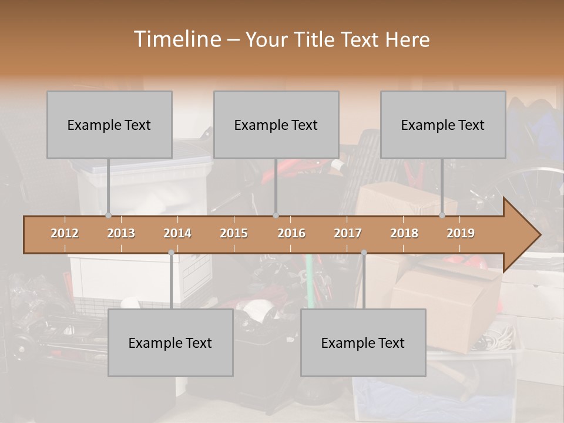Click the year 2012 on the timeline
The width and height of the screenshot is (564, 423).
click(x=65, y=233)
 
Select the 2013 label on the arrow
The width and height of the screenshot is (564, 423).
click(x=121, y=233)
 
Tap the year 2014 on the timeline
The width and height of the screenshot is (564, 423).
click(x=177, y=233)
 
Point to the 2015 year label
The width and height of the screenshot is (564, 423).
click(x=234, y=233)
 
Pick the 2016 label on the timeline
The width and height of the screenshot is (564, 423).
click(x=291, y=233)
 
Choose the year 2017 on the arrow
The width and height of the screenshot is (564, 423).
click(x=348, y=233)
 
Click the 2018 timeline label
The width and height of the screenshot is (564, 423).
click(x=404, y=233)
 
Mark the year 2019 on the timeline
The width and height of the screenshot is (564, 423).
click(x=461, y=233)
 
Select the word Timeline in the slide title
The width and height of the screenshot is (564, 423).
click(x=176, y=39)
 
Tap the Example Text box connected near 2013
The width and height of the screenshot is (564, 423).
click(x=109, y=125)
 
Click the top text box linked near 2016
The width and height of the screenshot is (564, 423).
click(x=276, y=125)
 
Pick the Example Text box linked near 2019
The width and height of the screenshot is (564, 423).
click(x=443, y=125)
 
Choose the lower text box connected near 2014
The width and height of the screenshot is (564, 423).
click(x=170, y=343)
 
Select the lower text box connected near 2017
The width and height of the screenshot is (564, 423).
click(x=363, y=343)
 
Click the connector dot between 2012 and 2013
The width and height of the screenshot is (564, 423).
click(x=108, y=216)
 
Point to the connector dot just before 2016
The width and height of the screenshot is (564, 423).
click(x=276, y=216)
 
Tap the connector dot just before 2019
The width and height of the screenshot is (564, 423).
click(x=442, y=216)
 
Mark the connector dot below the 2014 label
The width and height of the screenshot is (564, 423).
click(x=171, y=253)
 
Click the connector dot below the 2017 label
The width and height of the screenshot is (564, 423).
click(x=364, y=253)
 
